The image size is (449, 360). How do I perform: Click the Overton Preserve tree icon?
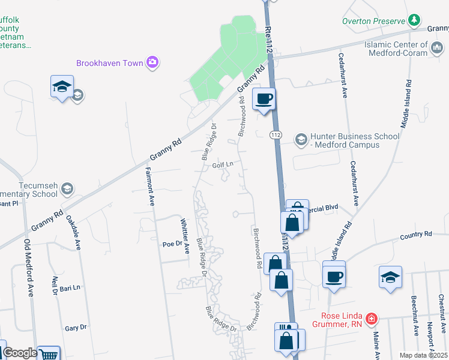pos(414,21)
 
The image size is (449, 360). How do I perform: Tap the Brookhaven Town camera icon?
pos(152,62)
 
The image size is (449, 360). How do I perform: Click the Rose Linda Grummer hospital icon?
pos(372,317)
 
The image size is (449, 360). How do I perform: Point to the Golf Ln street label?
pos(222,164)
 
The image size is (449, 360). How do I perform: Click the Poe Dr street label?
pos(172,244)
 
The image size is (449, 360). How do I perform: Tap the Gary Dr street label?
pos(76,328)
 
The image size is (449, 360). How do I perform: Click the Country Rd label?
pos(420,235)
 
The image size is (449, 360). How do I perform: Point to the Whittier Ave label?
pos(185,235)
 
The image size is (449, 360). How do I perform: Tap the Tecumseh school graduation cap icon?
pos(67,189)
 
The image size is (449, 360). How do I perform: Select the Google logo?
pos(20,353)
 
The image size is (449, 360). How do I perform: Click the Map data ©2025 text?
pos(424,355)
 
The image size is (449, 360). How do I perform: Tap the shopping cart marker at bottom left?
pos(49,355)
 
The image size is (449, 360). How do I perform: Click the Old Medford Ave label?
pos(29,268)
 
